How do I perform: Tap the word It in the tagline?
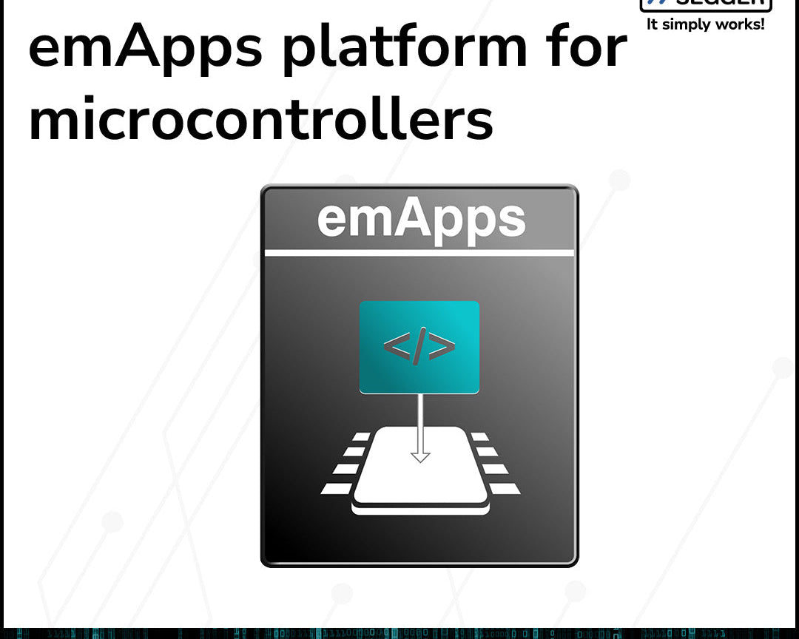tap(652, 24)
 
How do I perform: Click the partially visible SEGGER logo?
tap(706, 5)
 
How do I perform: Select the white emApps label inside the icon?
tap(421, 219)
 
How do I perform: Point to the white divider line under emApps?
tap(419, 253)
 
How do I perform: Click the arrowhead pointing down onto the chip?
tap(420, 456)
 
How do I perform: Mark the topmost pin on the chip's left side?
tap(360, 437)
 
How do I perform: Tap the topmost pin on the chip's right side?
tap(480, 437)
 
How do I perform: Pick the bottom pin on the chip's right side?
tap(507, 489)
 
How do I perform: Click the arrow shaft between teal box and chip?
tap(420, 422)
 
